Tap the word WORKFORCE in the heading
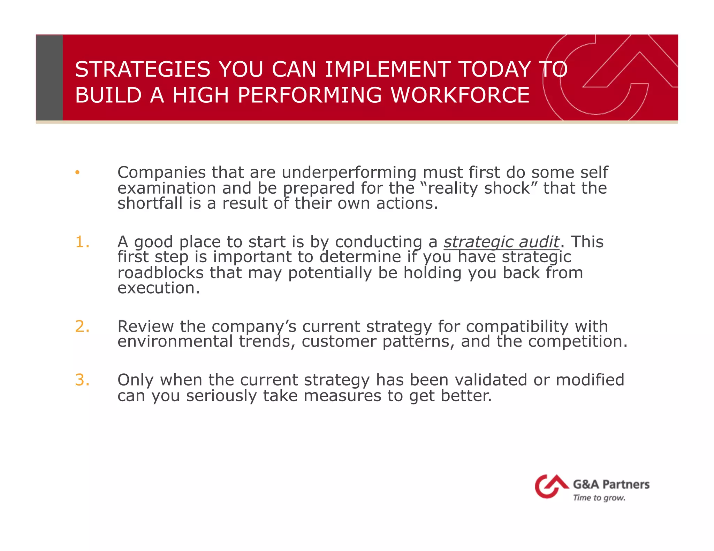(x=460, y=95)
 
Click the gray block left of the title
(x=49, y=77)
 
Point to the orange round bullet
(x=77, y=172)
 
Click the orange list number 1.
(x=82, y=242)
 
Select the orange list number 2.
(x=82, y=326)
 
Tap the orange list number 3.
(x=82, y=380)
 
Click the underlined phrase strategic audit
(x=501, y=242)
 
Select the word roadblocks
(x=160, y=273)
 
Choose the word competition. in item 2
(x=578, y=342)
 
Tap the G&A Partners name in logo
(x=611, y=484)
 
